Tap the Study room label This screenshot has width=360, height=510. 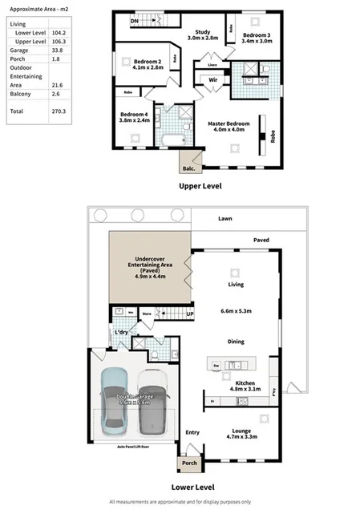(x=202, y=33)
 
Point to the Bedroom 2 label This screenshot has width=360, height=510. (x=148, y=63)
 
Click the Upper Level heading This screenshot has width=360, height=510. (x=200, y=185)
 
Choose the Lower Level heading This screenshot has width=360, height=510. (x=193, y=486)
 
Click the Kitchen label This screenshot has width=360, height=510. (x=244, y=383)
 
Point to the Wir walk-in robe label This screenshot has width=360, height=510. (x=214, y=80)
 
